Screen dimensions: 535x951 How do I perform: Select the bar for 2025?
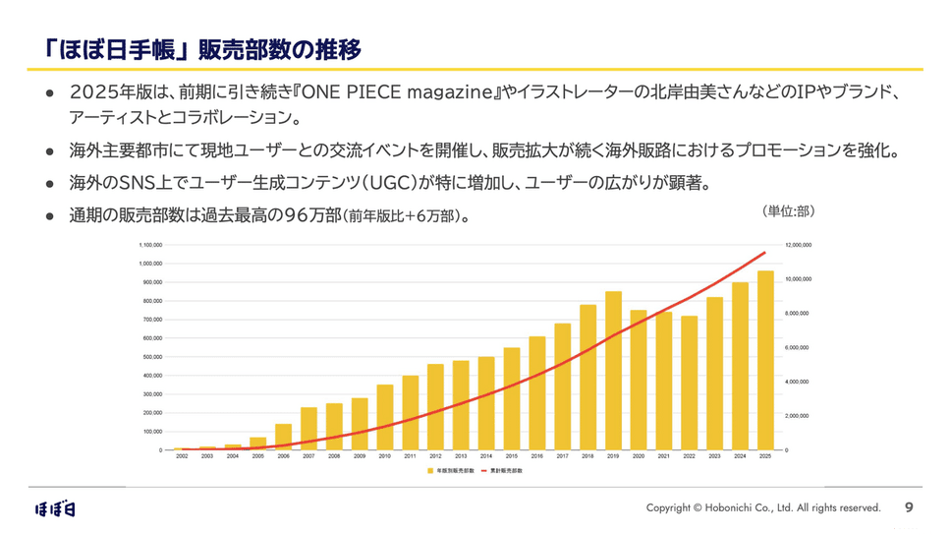765,360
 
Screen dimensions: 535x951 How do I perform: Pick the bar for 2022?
690,383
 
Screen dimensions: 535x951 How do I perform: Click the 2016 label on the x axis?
537,456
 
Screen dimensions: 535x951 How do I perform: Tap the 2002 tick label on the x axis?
182,456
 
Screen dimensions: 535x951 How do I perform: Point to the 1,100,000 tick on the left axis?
150,245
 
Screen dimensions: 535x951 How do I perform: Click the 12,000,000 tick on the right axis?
798,245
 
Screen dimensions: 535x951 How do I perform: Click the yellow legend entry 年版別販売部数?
451,471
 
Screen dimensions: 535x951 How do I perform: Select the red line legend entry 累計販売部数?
506,471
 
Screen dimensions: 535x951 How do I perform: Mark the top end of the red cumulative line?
765,253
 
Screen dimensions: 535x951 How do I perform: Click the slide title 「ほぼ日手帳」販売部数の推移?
196,49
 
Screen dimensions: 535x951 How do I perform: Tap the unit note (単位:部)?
788,211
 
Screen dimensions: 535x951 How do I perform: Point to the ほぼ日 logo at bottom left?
55,508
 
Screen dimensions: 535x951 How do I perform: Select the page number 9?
909,507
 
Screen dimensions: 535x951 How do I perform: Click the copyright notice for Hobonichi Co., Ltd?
763,507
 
